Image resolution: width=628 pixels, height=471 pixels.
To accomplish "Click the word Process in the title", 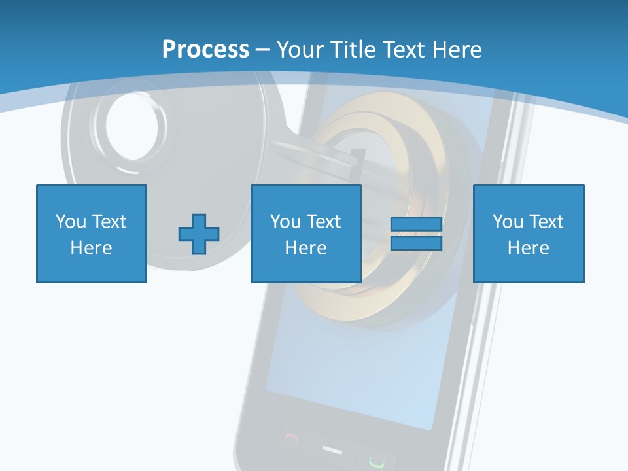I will [x=205, y=49].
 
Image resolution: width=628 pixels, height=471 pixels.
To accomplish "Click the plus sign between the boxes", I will [x=199, y=234].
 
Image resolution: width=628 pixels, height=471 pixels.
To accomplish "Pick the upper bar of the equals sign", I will [x=416, y=224].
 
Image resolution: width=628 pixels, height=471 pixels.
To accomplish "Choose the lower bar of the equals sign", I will [x=416, y=243].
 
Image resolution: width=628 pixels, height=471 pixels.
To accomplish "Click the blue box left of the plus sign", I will [x=92, y=234].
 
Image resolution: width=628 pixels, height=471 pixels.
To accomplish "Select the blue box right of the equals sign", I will [x=529, y=234].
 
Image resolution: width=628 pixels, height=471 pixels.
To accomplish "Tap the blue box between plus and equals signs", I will [x=306, y=234].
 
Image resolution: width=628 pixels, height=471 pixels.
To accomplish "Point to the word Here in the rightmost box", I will [x=529, y=248].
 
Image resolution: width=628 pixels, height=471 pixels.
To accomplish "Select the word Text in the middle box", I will [x=323, y=222].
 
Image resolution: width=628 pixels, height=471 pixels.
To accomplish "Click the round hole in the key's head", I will [x=132, y=126].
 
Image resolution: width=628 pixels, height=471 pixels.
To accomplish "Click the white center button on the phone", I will [x=332, y=450].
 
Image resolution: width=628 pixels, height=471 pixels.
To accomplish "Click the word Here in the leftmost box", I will [x=92, y=248].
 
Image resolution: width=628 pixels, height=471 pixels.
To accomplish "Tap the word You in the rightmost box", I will [x=508, y=222].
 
